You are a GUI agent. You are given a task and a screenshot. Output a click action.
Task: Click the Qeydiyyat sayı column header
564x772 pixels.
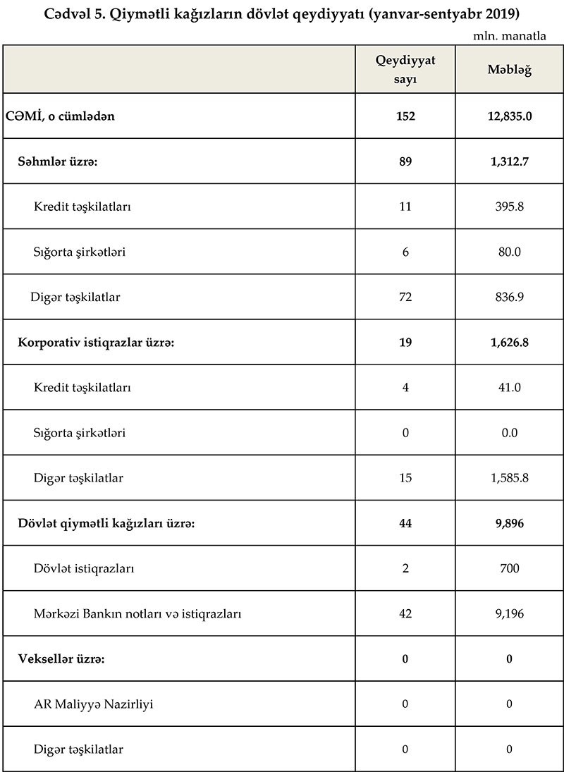405,70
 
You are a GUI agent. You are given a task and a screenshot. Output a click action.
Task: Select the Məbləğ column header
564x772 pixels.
509,70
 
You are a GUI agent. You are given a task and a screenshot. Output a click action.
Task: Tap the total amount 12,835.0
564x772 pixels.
509,116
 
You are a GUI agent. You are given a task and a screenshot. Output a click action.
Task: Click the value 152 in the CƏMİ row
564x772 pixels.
405,116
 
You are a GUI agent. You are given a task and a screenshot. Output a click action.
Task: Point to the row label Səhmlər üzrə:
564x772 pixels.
57,161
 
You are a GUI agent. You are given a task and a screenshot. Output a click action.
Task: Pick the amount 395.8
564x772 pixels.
509,207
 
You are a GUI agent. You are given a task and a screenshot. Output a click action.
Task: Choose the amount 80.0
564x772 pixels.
509,252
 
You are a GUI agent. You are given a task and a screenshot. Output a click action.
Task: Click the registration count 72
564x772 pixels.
405,297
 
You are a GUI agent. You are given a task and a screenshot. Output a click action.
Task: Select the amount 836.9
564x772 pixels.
509,297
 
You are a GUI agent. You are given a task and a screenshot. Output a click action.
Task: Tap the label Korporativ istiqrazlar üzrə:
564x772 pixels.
95,343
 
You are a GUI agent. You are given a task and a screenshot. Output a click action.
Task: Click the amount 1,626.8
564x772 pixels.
509,343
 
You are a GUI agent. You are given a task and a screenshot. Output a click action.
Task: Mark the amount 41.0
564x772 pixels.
509,388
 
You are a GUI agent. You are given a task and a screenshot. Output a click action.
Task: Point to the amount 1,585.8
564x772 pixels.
509,478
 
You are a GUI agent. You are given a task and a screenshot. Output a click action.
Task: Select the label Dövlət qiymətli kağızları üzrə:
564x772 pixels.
106,523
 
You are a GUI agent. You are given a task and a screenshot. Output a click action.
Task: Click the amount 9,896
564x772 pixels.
509,523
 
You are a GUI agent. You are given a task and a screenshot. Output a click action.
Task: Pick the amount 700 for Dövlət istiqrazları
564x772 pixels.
509,568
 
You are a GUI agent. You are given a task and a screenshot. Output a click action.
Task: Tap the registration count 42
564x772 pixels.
405,613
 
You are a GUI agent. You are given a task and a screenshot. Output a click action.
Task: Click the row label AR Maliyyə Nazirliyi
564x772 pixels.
93,704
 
